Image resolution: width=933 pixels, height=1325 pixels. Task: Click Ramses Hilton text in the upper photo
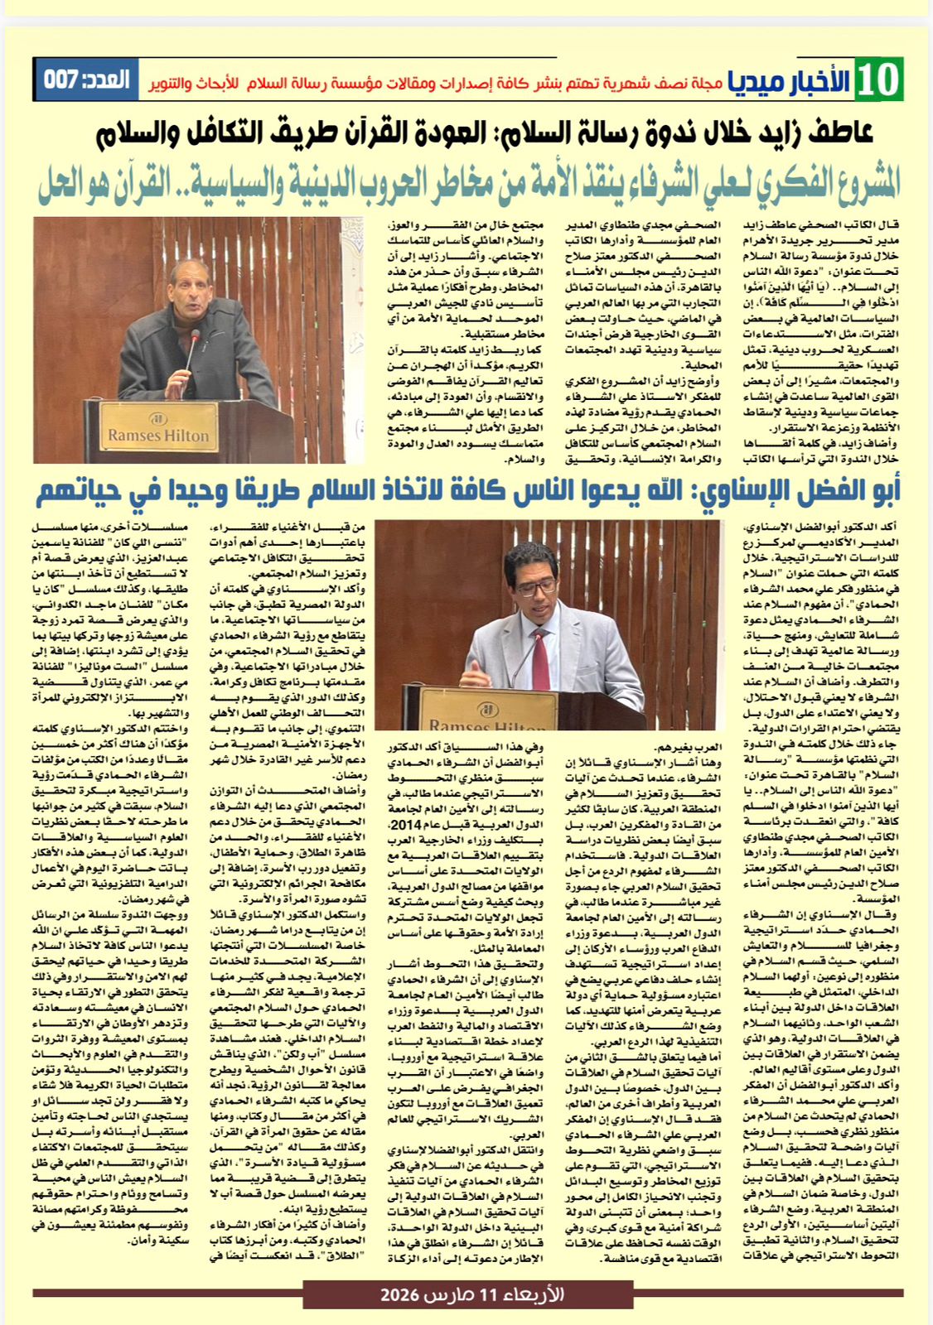tap(158, 435)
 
